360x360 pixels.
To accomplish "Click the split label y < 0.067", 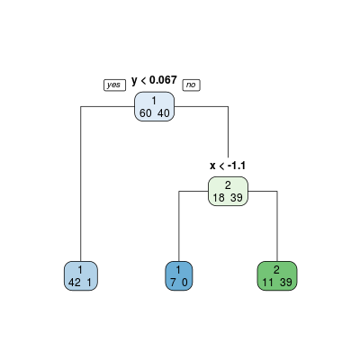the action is (154, 80).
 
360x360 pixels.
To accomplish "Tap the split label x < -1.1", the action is (228, 166).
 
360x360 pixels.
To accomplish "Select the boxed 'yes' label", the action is (114, 85).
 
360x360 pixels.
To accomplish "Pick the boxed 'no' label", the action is (192, 85).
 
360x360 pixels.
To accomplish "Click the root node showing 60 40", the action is (154, 106).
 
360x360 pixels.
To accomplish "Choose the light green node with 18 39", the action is (228, 191).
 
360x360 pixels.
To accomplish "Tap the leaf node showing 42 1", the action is (81, 275).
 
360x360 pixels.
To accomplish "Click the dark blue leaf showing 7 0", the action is (179, 275).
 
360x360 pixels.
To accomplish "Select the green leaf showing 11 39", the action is (277, 275).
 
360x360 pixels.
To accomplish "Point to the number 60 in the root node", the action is (146, 113).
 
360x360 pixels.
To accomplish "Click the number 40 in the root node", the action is (163, 113).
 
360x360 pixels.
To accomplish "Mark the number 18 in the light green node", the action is (219, 198).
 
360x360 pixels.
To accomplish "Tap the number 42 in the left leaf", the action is (75, 283).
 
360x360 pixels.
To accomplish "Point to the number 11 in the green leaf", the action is (268, 283).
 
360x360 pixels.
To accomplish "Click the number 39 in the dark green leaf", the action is (286, 283).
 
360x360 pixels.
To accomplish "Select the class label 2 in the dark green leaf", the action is (276, 270).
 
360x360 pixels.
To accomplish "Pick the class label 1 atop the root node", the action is (154, 101).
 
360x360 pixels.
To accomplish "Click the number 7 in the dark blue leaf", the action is (173, 283).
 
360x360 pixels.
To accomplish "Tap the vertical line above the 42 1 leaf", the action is (81, 184).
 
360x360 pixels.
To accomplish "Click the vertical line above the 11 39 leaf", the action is (277, 226).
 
